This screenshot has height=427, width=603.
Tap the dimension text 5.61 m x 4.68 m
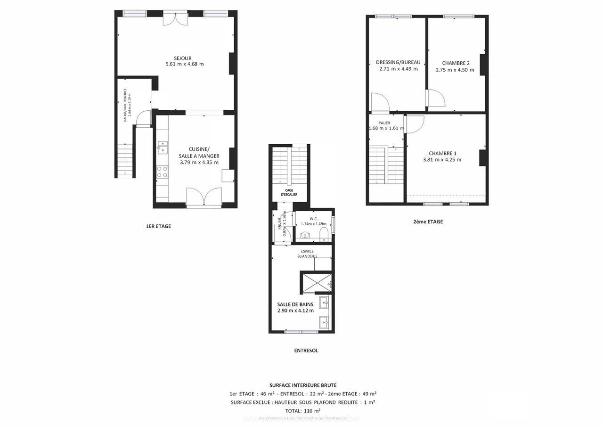click(x=185, y=64)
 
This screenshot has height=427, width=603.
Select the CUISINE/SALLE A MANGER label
click(x=199, y=153)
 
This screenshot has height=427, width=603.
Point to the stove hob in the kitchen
click(x=162, y=172)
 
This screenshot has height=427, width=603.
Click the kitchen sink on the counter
click(x=162, y=147)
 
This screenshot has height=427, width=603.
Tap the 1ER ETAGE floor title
click(x=158, y=226)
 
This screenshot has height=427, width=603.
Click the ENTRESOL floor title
click(x=306, y=351)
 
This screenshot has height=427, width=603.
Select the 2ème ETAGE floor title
click(x=424, y=222)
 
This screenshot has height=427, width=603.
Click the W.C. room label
click(x=314, y=219)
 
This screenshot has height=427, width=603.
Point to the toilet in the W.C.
click(x=324, y=234)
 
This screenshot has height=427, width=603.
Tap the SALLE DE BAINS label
click(x=295, y=304)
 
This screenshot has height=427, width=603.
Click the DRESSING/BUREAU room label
click(x=398, y=62)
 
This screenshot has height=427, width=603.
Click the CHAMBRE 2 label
click(x=456, y=63)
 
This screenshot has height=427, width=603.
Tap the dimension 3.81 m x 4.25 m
click(x=442, y=159)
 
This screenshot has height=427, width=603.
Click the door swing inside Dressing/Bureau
click(x=379, y=102)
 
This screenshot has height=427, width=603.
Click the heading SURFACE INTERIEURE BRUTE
click(x=303, y=385)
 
